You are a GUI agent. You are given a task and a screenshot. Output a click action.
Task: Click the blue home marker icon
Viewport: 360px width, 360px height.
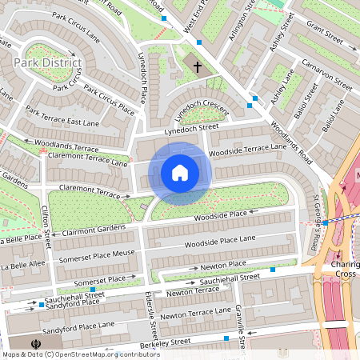180,173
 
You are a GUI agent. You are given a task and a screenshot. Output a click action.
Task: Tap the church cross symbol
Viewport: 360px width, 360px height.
197,68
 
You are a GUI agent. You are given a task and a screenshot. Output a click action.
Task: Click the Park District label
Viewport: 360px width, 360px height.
47,62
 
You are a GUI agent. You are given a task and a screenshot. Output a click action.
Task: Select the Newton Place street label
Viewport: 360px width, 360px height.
222,264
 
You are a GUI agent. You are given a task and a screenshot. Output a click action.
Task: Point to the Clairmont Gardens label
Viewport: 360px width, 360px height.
94,230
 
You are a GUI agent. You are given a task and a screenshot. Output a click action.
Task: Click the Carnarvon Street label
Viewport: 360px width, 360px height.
326,71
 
